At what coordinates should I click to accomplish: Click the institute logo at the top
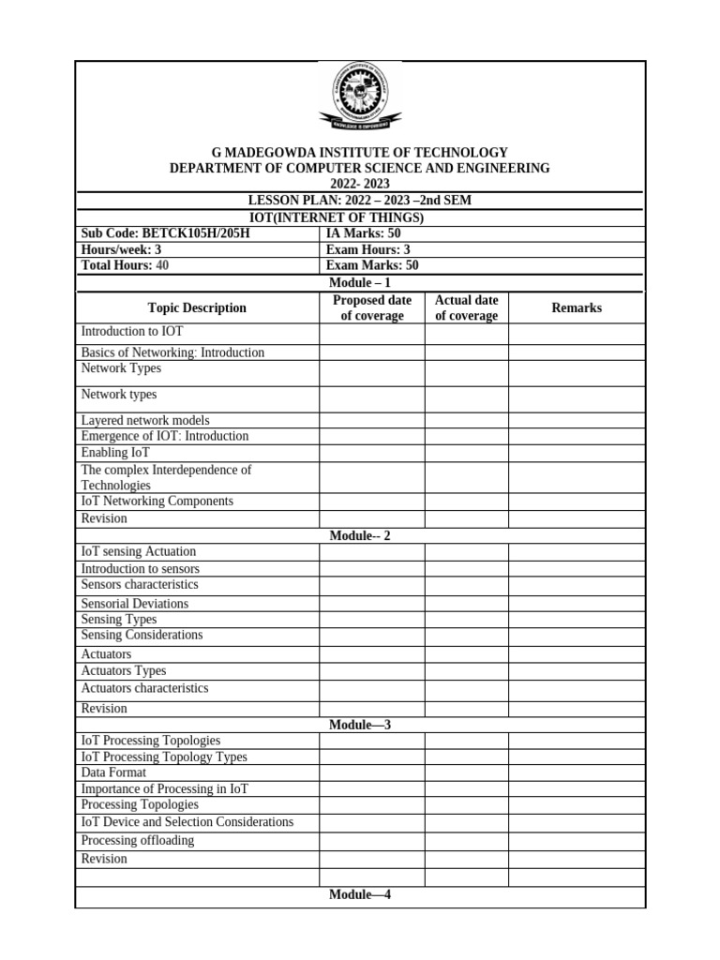pyautogui.click(x=359, y=97)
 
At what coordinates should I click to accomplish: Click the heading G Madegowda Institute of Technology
pyautogui.click(x=359, y=152)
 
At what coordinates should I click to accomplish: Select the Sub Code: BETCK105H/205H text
pyautogui.click(x=166, y=233)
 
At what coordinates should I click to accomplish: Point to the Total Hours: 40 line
pyautogui.click(x=125, y=265)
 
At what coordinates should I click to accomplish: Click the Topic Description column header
pyautogui.click(x=197, y=308)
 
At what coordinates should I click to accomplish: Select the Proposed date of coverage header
pyautogui.click(x=372, y=308)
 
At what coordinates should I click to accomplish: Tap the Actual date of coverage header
pyautogui.click(x=466, y=308)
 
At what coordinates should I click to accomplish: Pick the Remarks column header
pyautogui.click(x=577, y=308)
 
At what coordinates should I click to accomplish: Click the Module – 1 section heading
pyautogui.click(x=359, y=282)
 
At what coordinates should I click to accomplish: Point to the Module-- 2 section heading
pyautogui.click(x=359, y=535)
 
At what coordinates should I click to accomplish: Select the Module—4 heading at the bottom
pyautogui.click(x=359, y=895)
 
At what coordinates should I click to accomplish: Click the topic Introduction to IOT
pyautogui.click(x=132, y=332)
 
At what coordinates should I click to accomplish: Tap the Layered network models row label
pyautogui.click(x=145, y=421)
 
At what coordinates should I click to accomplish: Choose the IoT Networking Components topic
pyautogui.click(x=157, y=502)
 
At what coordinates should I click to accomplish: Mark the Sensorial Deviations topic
pyautogui.click(x=134, y=604)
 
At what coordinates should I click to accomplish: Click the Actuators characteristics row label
pyautogui.click(x=144, y=688)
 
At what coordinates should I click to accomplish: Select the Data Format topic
pyautogui.click(x=113, y=773)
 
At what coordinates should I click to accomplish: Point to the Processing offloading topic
pyautogui.click(x=138, y=840)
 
